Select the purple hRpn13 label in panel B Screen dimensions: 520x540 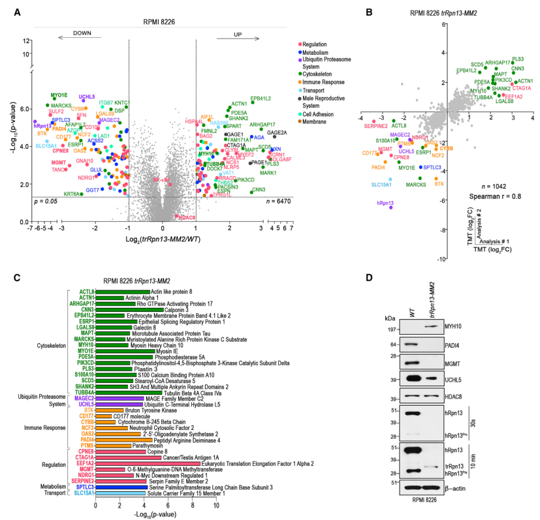pyautogui.click(x=385, y=205)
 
